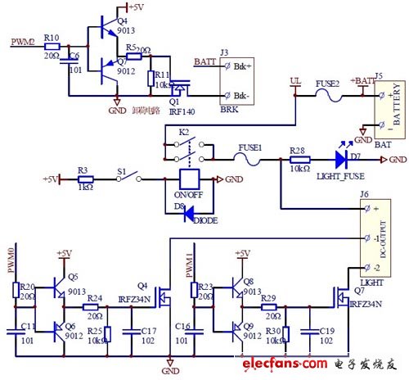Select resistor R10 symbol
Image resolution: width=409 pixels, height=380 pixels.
pos(51,47)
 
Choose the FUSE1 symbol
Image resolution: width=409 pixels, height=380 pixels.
pos(249,157)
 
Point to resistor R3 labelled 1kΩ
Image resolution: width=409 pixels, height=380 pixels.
pos(85,179)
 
